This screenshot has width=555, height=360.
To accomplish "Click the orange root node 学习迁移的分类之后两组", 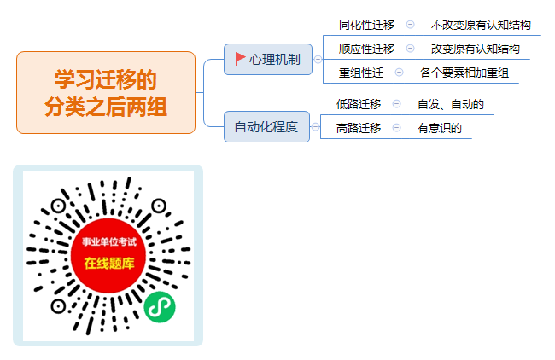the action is (x=106, y=93).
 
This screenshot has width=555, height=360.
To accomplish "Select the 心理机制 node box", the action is (x=268, y=60).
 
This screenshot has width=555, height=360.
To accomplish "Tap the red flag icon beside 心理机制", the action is (x=240, y=59).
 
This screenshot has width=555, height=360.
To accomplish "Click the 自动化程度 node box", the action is (x=266, y=126).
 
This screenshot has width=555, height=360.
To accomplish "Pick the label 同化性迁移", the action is (x=366, y=25).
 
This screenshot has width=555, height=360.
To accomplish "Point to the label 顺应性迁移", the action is (x=366, y=49).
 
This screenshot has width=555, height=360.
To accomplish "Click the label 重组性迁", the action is (x=361, y=73).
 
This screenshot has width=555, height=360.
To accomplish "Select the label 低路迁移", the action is (x=359, y=104).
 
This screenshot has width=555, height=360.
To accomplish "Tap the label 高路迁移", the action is (x=359, y=128).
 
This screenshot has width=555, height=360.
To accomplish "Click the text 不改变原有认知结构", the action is (x=481, y=25).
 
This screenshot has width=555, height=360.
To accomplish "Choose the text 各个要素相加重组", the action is (x=464, y=73).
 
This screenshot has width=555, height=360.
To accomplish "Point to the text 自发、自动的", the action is (x=451, y=104).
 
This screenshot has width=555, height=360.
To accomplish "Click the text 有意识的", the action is (x=439, y=128).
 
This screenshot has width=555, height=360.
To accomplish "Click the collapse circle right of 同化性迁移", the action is (x=410, y=25).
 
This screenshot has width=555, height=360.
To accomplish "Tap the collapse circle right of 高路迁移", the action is (x=397, y=128).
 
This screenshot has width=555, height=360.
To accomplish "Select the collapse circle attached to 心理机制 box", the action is (x=318, y=60).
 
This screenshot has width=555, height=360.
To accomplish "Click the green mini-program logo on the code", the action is (x=160, y=307).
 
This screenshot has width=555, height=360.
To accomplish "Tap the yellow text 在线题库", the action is (x=109, y=263).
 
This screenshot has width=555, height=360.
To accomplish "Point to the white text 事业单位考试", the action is (x=109, y=242).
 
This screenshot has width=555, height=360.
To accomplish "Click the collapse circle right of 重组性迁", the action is (x=399, y=73).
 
